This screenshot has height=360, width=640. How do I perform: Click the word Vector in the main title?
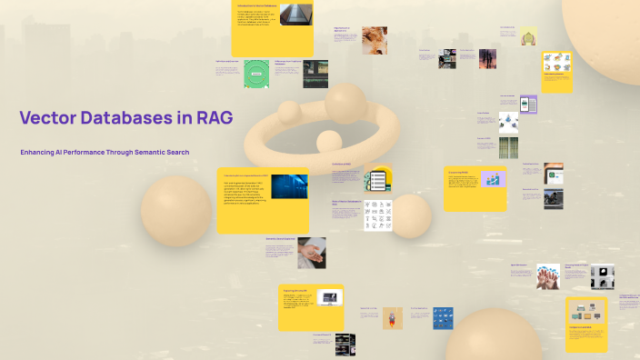(x=47, y=117)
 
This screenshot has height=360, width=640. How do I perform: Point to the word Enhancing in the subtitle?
(x=42, y=152)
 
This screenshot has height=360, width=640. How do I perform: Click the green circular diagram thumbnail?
(x=256, y=74)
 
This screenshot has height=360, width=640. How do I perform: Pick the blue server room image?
(x=289, y=186)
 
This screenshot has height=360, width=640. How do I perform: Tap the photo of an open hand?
(x=311, y=252)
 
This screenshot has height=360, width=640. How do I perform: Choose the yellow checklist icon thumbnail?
(x=378, y=179)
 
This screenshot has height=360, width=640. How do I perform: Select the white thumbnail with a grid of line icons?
(x=378, y=215)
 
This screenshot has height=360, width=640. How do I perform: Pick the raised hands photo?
(x=547, y=276)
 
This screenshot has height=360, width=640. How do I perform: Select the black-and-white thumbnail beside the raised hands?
(x=602, y=276)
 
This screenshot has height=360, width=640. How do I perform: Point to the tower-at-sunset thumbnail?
(x=488, y=59)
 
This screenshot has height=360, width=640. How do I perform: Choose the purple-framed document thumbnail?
(x=528, y=104)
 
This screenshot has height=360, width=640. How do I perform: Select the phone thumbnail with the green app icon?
(x=554, y=171)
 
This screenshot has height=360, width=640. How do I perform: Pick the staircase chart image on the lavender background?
(x=494, y=178)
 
